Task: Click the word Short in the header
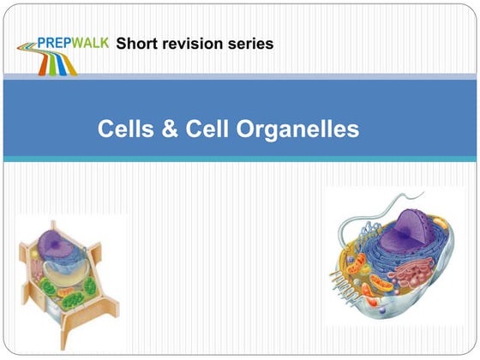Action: pos(136,42)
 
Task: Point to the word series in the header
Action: pos(251,42)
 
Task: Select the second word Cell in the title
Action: pos(206,129)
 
